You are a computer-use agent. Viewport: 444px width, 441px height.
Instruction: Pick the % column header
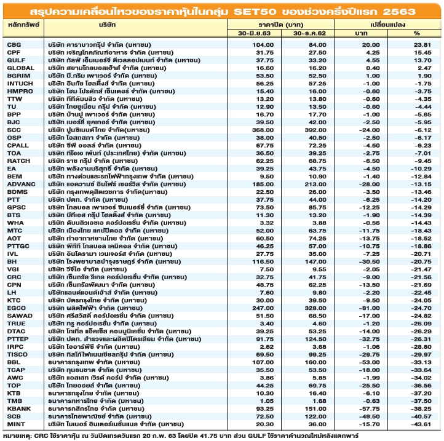coord(416,33)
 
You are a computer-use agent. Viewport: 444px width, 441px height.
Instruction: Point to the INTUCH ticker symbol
coord(18,84)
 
